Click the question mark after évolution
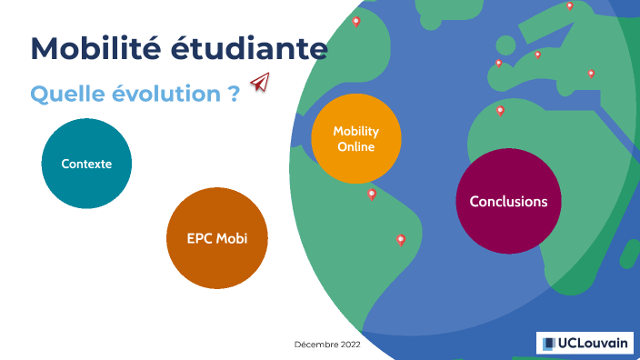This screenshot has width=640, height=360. [x=235, y=94]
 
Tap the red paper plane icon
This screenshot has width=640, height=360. [x=262, y=83]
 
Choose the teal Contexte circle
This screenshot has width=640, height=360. [x=87, y=164]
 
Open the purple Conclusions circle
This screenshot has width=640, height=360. [x=508, y=201]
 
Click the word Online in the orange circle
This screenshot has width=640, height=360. [x=356, y=146]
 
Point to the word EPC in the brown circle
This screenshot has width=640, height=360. [x=201, y=238]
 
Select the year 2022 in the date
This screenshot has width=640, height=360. [x=350, y=345]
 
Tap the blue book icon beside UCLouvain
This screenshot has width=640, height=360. [x=549, y=343]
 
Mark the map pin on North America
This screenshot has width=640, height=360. [x=356, y=21]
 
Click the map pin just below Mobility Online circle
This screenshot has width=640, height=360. [x=371, y=194]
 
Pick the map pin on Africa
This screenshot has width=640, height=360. [x=500, y=110]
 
